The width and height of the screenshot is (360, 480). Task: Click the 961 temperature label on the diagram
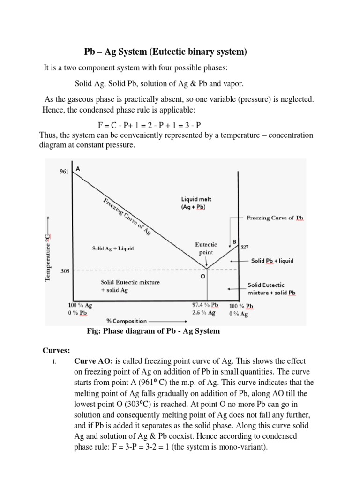[x=63, y=172]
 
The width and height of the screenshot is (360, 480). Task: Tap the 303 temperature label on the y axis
[x=65, y=270]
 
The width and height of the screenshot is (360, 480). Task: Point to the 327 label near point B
[x=245, y=247]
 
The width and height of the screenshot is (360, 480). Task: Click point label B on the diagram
[x=234, y=242]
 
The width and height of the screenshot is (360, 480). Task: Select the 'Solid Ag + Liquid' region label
[x=112, y=248]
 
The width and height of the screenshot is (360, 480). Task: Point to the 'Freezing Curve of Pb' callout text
[x=275, y=218]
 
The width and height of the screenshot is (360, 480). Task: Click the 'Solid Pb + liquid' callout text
[x=272, y=261]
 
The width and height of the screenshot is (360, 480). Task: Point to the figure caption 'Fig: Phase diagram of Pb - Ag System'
[x=153, y=331]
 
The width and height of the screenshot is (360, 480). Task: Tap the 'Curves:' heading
[x=57, y=351]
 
